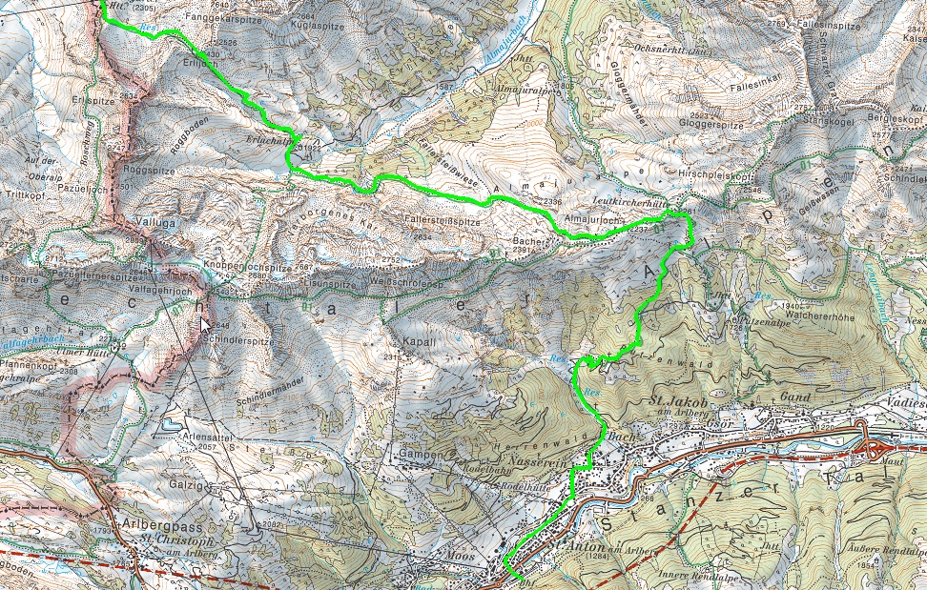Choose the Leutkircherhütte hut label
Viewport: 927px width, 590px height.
tap(628, 202)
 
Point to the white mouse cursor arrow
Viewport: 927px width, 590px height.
tap(205, 324)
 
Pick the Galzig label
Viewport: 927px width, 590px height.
tap(185, 484)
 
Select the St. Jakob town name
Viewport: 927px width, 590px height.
tap(676, 400)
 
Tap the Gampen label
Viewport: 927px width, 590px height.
tap(423, 455)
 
